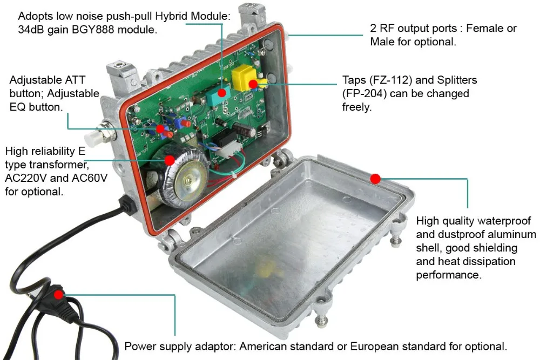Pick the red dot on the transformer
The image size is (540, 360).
[170, 160]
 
